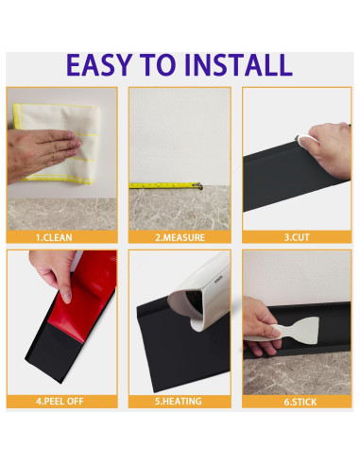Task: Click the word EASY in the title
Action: pos(99,65)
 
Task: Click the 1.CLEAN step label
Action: pos(54,237)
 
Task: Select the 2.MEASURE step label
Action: pos(180,237)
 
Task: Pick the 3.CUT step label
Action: pos(297,237)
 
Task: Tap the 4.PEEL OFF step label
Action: pos(60,401)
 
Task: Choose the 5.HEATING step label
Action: pos(179,401)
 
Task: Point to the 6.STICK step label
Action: pos(300,402)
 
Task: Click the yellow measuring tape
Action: pos(165,185)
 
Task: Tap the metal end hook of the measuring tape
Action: pos(197,185)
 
